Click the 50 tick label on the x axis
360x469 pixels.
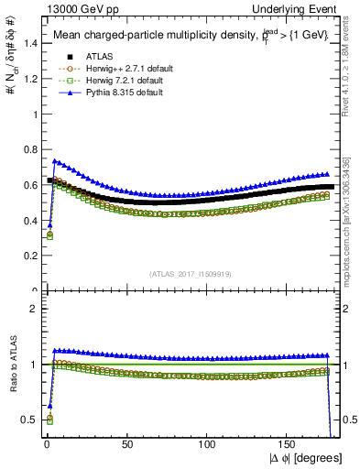pyautogui.click(x=127, y=443)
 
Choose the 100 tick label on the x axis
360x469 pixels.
pyautogui.click(x=208, y=443)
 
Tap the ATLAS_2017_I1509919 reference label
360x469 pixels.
pyautogui.click(x=191, y=272)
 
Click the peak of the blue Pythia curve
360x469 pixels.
pyautogui.click(x=54, y=161)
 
